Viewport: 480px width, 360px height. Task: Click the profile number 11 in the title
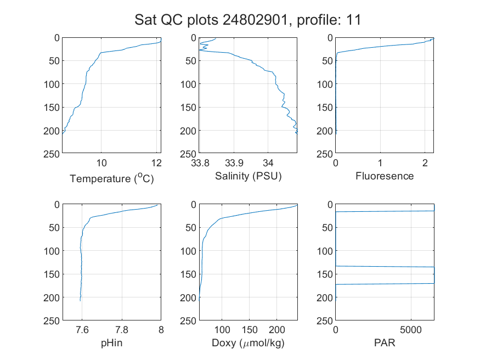pos(354,20)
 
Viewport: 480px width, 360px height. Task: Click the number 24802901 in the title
pos(255,20)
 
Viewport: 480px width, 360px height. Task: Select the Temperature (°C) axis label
pos(112,178)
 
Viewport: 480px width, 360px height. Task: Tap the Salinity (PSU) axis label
pos(249,176)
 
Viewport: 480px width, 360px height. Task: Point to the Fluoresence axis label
pos(385,176)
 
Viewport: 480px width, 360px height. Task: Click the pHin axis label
pos(112,343)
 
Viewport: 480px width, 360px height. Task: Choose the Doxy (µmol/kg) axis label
pos(249,343)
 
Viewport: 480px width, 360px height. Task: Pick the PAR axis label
pos(385,342)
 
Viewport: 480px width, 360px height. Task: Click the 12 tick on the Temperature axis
pos(156,163)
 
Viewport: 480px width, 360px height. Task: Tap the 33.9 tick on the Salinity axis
pos(234,163)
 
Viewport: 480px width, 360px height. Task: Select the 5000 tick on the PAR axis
pos(411,330)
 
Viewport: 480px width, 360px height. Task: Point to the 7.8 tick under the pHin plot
pos(122,330)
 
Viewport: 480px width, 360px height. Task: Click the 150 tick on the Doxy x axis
pos(250,330)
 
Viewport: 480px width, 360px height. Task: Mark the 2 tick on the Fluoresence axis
pos(425,163)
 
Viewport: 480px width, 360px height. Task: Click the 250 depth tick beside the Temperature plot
pos(52,154)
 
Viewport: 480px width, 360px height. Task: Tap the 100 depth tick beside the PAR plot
pos(325,251)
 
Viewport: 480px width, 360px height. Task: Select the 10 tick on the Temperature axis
pos(101,163)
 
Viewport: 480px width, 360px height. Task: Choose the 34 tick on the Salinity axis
pos(268,163)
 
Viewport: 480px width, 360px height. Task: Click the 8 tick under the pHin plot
pos(161,330)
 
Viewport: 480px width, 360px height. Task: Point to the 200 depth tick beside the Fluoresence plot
pos(325,131)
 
